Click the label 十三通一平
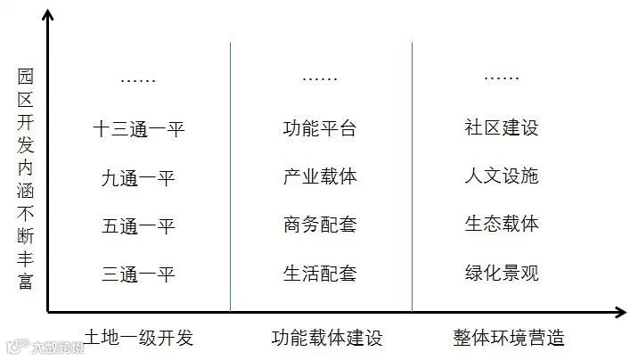(138, 129)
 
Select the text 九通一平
(138, 178)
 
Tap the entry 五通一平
(138, 225)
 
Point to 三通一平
(138, 274)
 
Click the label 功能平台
(320, 128)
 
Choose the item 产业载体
(320, 176)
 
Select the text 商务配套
(320, 225)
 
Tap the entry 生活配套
(320, 273)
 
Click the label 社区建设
(502, 127)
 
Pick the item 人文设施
(502, 176)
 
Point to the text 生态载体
(502, 223)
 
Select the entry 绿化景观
(502, 272)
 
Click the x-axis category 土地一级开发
(138, 338)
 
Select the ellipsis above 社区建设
(502, 79)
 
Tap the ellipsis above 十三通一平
(138, 81)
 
